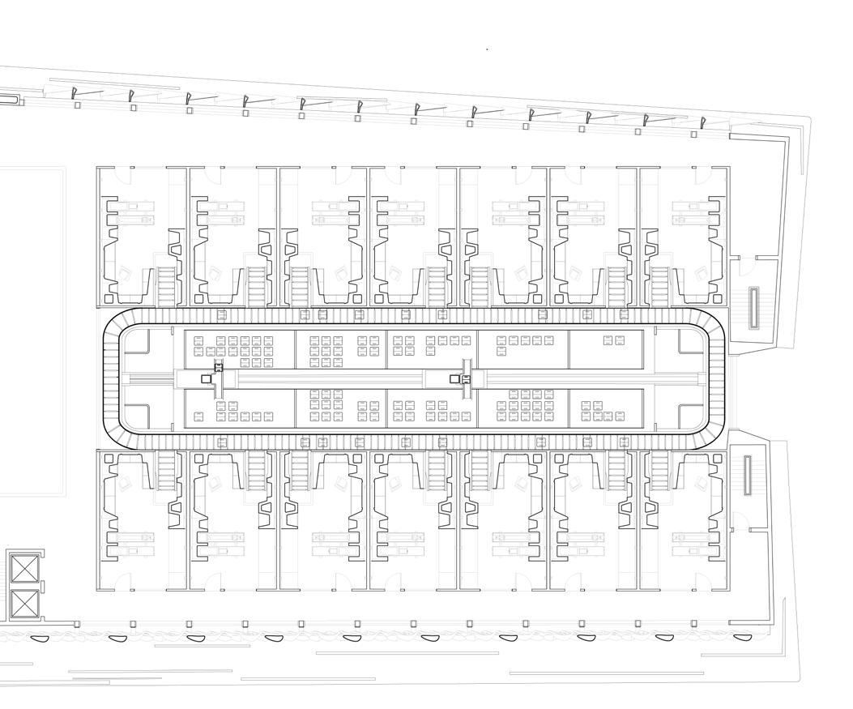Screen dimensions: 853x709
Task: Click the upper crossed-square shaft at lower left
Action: coord(24,569)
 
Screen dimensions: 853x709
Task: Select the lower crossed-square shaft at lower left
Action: coord(24,604)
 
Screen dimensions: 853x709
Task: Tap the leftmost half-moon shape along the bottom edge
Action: coord(40,638)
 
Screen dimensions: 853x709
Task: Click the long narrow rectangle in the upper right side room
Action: coord(754,308)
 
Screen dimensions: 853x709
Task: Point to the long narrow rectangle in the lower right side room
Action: coord(748,476)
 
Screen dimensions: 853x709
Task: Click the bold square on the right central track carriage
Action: coord(454,378)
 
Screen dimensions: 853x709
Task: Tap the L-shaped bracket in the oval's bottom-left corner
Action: coord(137,416)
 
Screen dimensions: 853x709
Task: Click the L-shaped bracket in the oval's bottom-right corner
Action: coord(689,416)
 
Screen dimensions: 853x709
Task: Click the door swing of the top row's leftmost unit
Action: coord(122,173)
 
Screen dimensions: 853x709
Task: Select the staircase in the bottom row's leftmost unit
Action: coord(166,471)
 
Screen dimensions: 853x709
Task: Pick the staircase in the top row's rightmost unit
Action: coord(660,285)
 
